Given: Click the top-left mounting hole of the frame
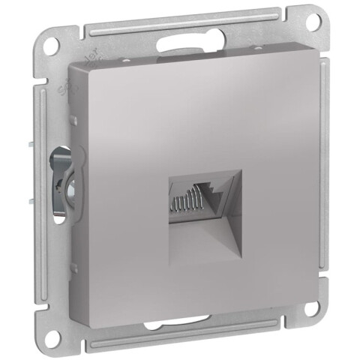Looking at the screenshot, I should [51, 43].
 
